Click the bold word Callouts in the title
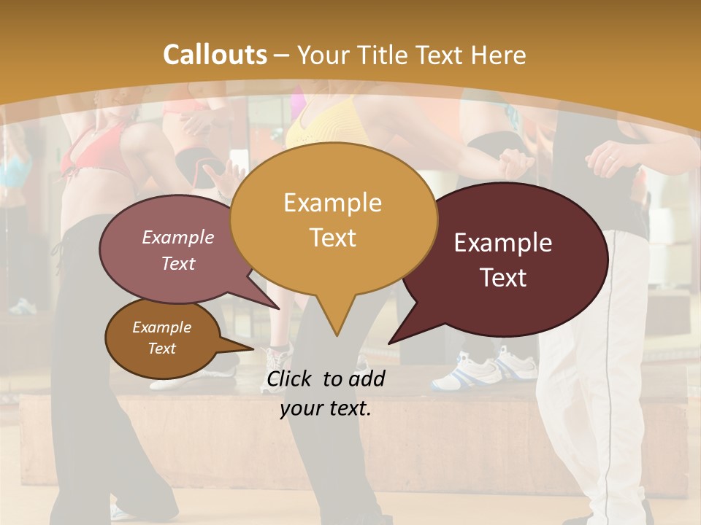tap(215, 55)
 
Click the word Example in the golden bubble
tap(332, 202)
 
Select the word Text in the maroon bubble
tap(503, 277)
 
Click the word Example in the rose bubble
tap(177, 238)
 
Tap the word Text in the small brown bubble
tap(161, 349)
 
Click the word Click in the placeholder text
tap(291, 378)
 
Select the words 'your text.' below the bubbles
tap(325, 409)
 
